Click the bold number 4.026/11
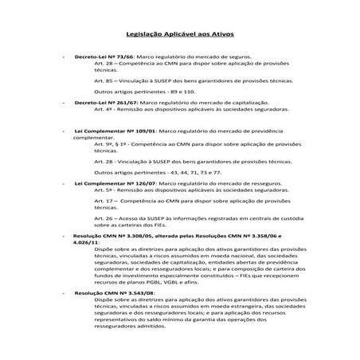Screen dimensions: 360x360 [x=84, y=243]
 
